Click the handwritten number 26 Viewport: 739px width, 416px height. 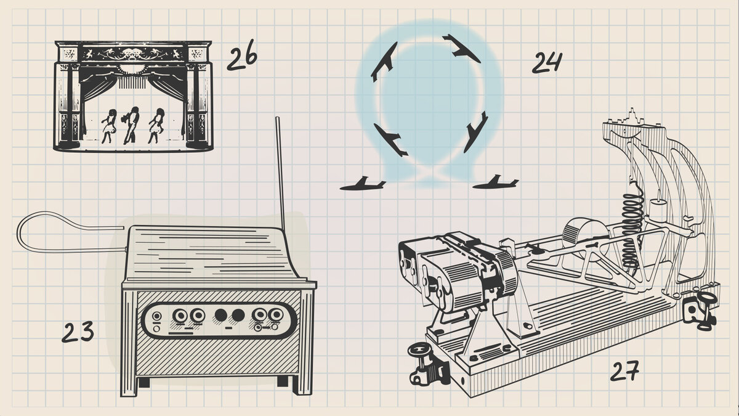coord(242,55)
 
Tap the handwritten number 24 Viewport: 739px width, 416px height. coord(547,62)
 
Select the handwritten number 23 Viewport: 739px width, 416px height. coord(78,332)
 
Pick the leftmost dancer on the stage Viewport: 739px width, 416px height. coord(109,126)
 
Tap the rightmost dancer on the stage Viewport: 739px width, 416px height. coord(156,126)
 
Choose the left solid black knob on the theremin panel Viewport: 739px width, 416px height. coord(221,316)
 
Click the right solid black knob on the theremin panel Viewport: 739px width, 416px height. coord(238,316)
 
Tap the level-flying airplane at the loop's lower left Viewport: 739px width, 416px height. coord(363,184)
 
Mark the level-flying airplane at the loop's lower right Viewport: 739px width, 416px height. coord(495,183)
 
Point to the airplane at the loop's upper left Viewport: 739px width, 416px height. coord(384,62)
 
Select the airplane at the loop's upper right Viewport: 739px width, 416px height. coord(461,49)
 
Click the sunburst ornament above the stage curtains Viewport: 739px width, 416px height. coord(132,69)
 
